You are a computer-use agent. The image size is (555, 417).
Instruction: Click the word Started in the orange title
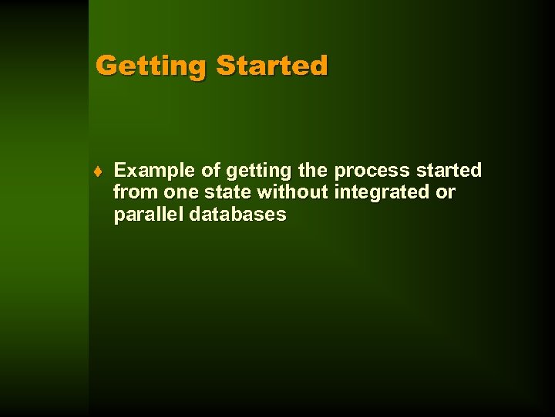click(x=272, y=66)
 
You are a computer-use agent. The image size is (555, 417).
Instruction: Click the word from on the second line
click(x=136, y=192)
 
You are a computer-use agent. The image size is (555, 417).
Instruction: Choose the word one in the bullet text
click(x=181, y=192)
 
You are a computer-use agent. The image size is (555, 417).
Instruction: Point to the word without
click(x=292, y=192)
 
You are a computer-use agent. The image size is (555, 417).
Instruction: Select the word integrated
click(x=382, y=192)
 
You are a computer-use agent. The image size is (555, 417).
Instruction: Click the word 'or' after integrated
click(x=446, y=192)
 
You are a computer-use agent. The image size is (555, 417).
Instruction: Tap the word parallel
click(x=148, y=215)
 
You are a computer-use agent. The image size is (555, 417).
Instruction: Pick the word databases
click(x=237, y=214)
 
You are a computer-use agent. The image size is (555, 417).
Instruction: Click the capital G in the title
click(x=106, y=65)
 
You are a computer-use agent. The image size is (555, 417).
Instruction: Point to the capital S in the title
click(x=225, y=65)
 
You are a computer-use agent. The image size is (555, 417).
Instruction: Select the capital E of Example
click(x=120, y=170)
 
